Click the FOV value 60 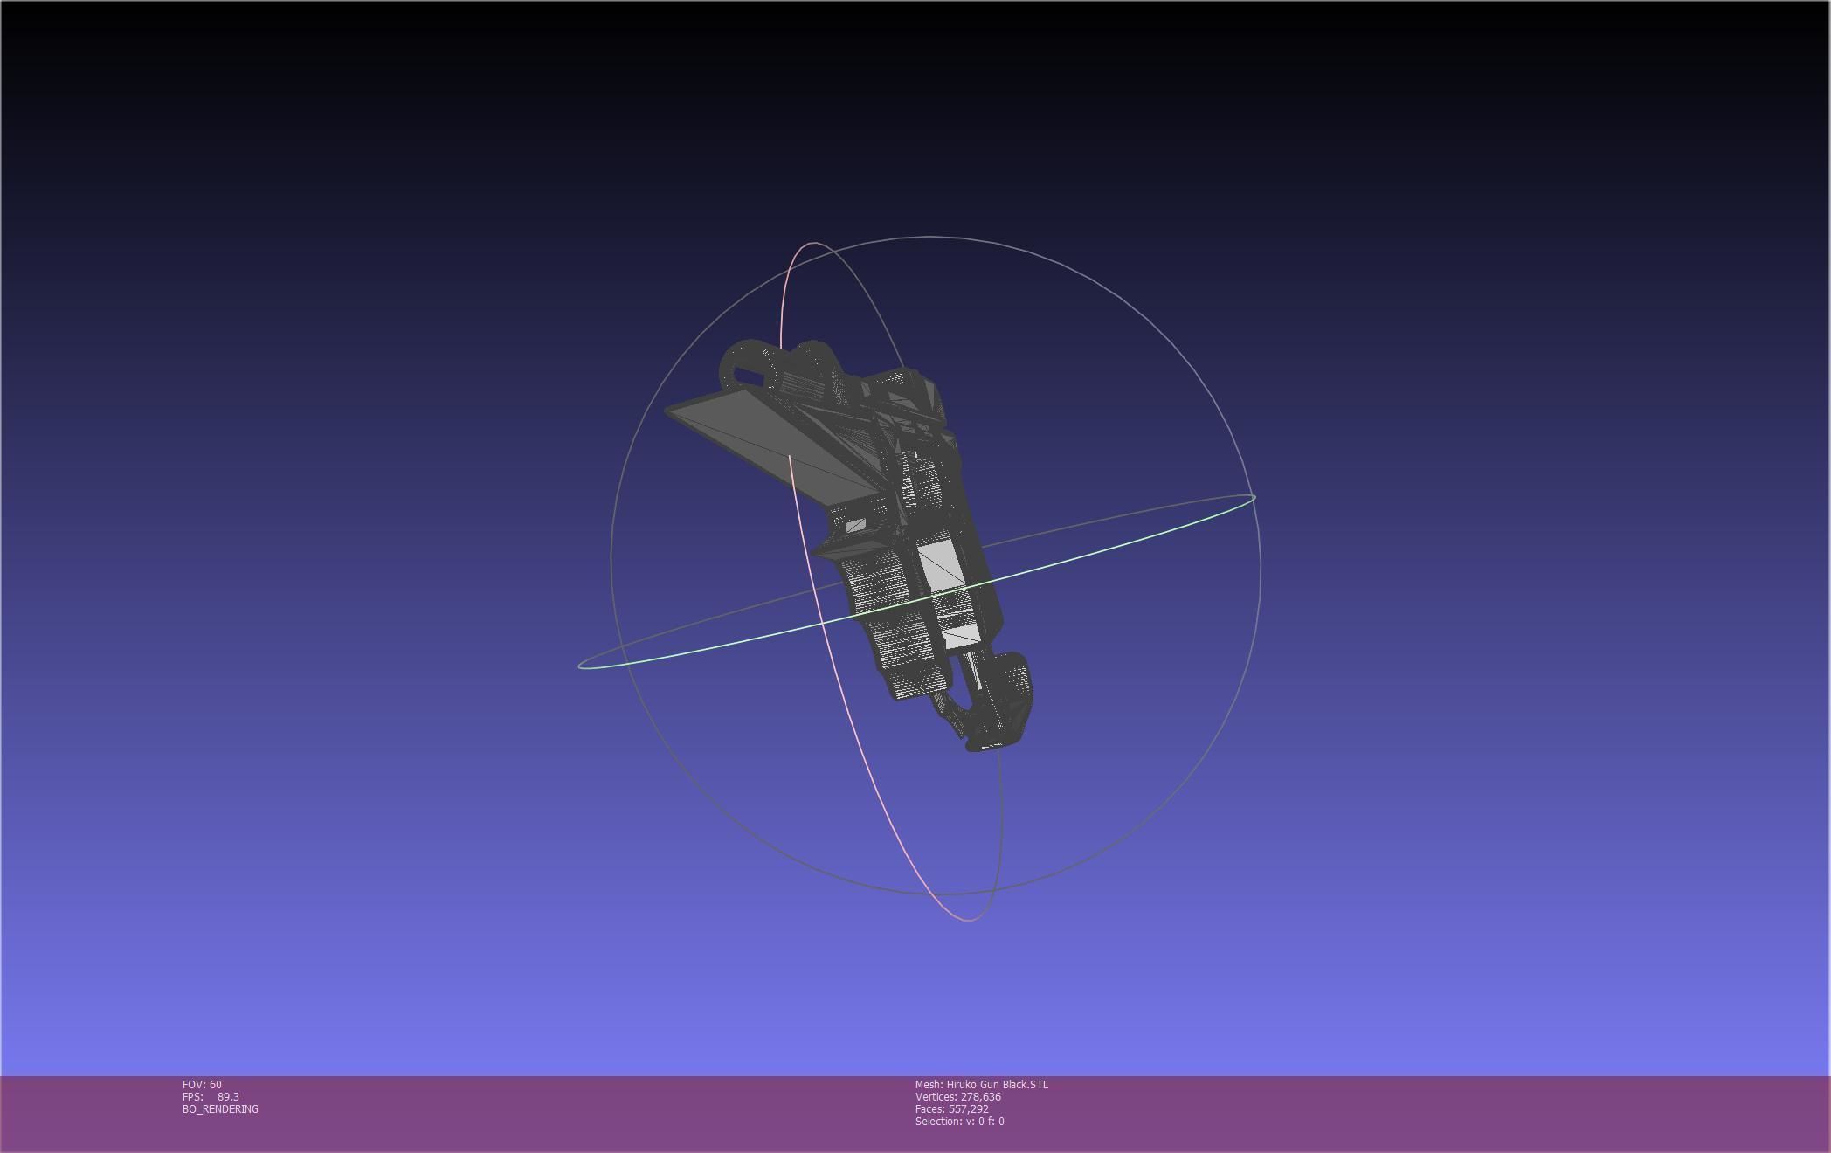click(x=215, y=1084)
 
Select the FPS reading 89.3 click(x=228, y=1096)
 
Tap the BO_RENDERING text click(x=220, y=1108)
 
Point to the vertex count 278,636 click(x=980, y=1096)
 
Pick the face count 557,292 click(x=968, y=1108)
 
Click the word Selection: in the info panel click(x=938, y=1121)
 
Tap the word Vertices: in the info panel click(x=936, y=1096)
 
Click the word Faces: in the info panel click(x=929, y=1108)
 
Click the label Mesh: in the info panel click(x=929, y=1084)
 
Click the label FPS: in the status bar click(x=192, y=1096)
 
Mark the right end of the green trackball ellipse click(x=1254, y=498)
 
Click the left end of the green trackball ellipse click(x=579, y=666)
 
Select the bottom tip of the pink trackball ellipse click(x=969, y=919)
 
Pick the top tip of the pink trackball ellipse click(x=812, y=244)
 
